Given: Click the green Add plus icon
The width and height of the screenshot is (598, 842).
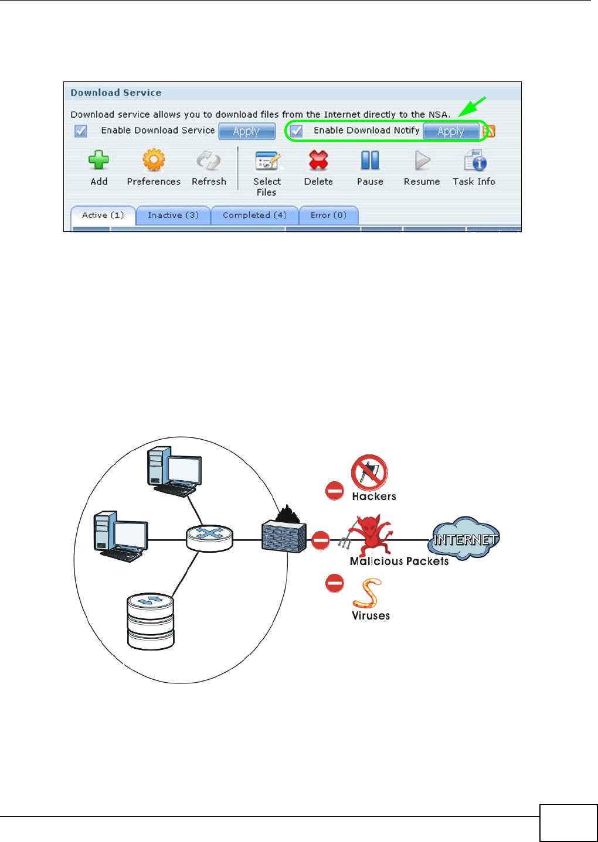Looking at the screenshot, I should [x=98, y=160].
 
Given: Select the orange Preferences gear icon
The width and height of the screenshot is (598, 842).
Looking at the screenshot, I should [x=154, y=160].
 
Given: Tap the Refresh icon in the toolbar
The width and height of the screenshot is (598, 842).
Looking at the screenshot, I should [x=208, y=160].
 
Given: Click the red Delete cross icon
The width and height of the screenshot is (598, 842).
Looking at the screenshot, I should [x=318, y=160].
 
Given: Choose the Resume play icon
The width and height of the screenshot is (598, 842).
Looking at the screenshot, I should [x=422, y=160].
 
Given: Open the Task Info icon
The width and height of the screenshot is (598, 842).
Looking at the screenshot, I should [x=475, y=160].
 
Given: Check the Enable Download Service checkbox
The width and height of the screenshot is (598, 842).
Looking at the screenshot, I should [x=81, y=131].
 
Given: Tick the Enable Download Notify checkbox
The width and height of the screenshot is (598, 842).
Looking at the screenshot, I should [x=297, y=131].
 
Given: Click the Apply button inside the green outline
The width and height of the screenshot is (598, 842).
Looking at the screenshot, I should [x=450, y=131].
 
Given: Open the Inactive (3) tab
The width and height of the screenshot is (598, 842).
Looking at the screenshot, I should [x=173, y=215].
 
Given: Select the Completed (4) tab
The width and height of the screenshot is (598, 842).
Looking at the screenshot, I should [x=254, y=215].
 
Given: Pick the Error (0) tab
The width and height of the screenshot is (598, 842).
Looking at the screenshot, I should [x=328, y=215].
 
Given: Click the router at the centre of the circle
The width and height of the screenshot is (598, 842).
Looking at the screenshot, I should [x=209, y=538].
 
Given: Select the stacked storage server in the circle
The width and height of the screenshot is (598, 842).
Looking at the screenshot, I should [x=151, y=621].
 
